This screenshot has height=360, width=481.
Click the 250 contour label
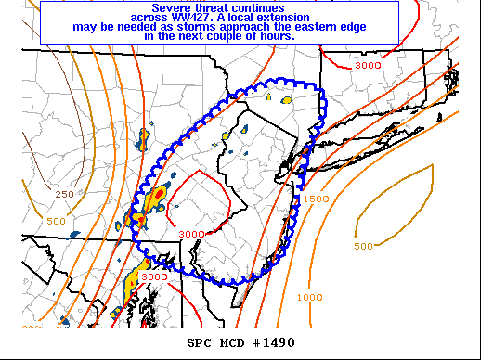pyautogui.click(x=64, y=194)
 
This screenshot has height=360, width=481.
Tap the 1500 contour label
pyautogui.click(x=316, y=199)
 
